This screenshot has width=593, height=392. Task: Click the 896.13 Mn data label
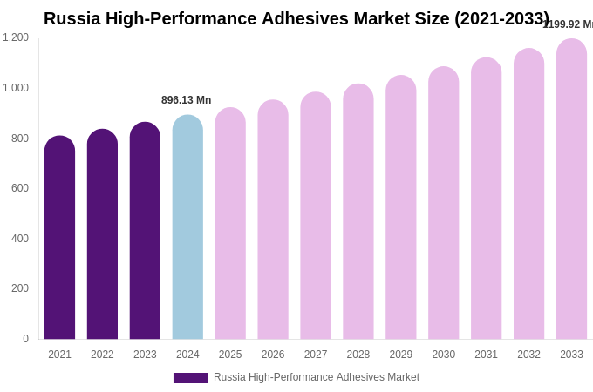[186, 100]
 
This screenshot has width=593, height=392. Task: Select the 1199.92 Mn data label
[568, 24]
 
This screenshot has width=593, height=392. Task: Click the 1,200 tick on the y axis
[16, 37]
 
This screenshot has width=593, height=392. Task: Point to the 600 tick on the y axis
[19, 188]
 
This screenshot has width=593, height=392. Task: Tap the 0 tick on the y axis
[25, 339]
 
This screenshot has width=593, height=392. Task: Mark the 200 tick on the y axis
[19, 288]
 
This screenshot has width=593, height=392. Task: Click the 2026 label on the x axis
[273, 355]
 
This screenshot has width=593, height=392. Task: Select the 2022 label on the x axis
[102, 355]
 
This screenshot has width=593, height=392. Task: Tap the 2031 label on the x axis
[486, 355]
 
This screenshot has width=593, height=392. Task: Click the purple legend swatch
[190, 378]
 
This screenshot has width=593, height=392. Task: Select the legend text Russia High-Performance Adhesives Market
[317, 377]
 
